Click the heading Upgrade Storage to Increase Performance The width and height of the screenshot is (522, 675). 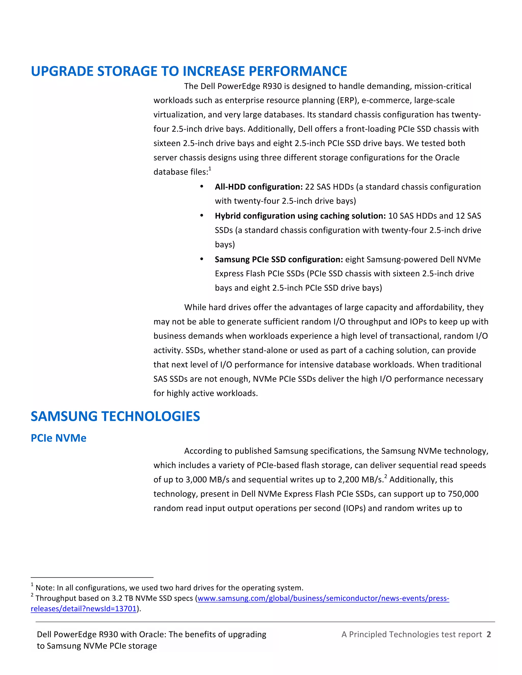(x=189, y=71)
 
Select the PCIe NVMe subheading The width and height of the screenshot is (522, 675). (x=58, y=438)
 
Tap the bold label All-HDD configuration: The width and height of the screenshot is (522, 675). (x=258, y=187)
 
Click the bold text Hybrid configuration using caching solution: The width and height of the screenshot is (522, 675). (x=300, y=216)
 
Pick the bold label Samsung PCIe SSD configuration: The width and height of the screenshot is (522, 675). (x=279, y=259)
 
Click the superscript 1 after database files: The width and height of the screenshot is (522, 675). (x=210, y=169)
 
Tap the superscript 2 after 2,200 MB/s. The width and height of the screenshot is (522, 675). (x=386, y=476)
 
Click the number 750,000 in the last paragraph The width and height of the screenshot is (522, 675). (x=463, y=494)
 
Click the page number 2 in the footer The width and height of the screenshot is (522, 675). (x=489, y=634)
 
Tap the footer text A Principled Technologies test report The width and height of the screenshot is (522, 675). (x=411, y=634)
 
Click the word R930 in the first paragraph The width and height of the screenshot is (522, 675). (x=272, y=86)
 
